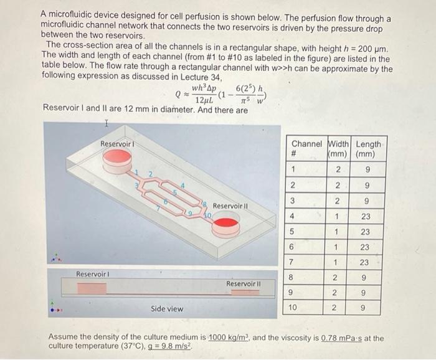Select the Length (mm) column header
coord(368,149)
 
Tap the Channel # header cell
coord(306,149)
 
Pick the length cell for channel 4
coord(366,217)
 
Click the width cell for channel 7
coord(336,262)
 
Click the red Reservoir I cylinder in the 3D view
coord(116,163)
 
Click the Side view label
coord(167,309)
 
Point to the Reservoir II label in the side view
coord(244,283)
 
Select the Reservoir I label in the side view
coord(93,274)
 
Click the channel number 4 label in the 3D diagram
coord(182,185)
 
